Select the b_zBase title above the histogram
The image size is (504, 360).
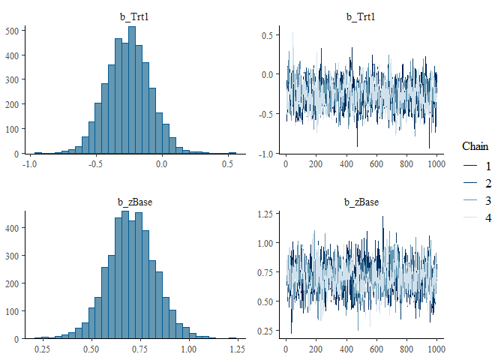[x=133, y=202]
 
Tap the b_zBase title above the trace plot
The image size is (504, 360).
[x=360, y=202]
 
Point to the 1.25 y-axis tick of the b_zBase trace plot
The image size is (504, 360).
[x=262, y=214]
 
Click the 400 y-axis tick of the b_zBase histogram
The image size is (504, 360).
[x=13, y=225]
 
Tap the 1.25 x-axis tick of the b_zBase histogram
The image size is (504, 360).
[x=236, y=349]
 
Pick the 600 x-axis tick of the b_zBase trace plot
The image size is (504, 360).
[x=376, y=349]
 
